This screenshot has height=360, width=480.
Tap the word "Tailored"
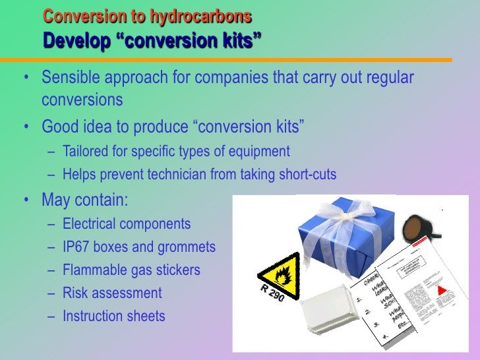click(87, 152)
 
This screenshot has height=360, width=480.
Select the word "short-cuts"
click(305, 175)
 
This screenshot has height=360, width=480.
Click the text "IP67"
click(77, 247)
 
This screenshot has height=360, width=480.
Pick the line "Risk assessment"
click(111, 293)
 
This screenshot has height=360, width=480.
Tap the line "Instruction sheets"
click(113, 316)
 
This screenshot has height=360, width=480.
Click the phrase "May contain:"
click(85, 199)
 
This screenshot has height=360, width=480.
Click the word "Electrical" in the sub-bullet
click(93, 224)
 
